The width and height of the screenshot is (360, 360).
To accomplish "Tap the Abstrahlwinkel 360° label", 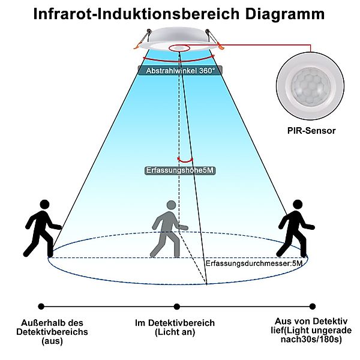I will (181, 70).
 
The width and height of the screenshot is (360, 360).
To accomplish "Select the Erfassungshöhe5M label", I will (180, 170).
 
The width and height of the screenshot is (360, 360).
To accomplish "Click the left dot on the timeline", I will (41, 307).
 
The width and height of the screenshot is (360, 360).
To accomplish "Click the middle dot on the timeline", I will (176, 307).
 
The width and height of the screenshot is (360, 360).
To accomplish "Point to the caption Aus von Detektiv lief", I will (307, 331).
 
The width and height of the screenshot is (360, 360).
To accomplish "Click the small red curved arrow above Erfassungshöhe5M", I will (180, 157).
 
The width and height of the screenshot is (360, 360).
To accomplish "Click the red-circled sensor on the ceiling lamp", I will (178, 47).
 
